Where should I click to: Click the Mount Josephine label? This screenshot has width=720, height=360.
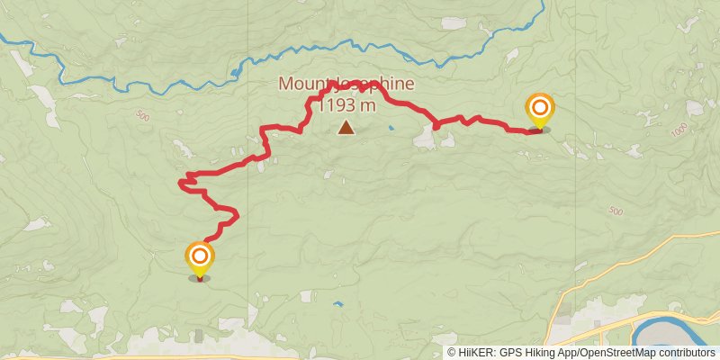point(346,85)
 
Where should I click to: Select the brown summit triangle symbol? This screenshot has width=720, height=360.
point(346,129)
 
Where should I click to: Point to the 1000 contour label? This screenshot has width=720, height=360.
point(680,130)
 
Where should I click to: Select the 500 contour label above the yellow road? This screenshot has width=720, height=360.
point(616,211)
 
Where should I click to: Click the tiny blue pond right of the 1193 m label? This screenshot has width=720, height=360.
point(391,128)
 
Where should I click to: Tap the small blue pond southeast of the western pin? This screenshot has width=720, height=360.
point(337,304)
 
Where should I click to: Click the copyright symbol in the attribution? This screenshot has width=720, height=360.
point(452,353)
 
